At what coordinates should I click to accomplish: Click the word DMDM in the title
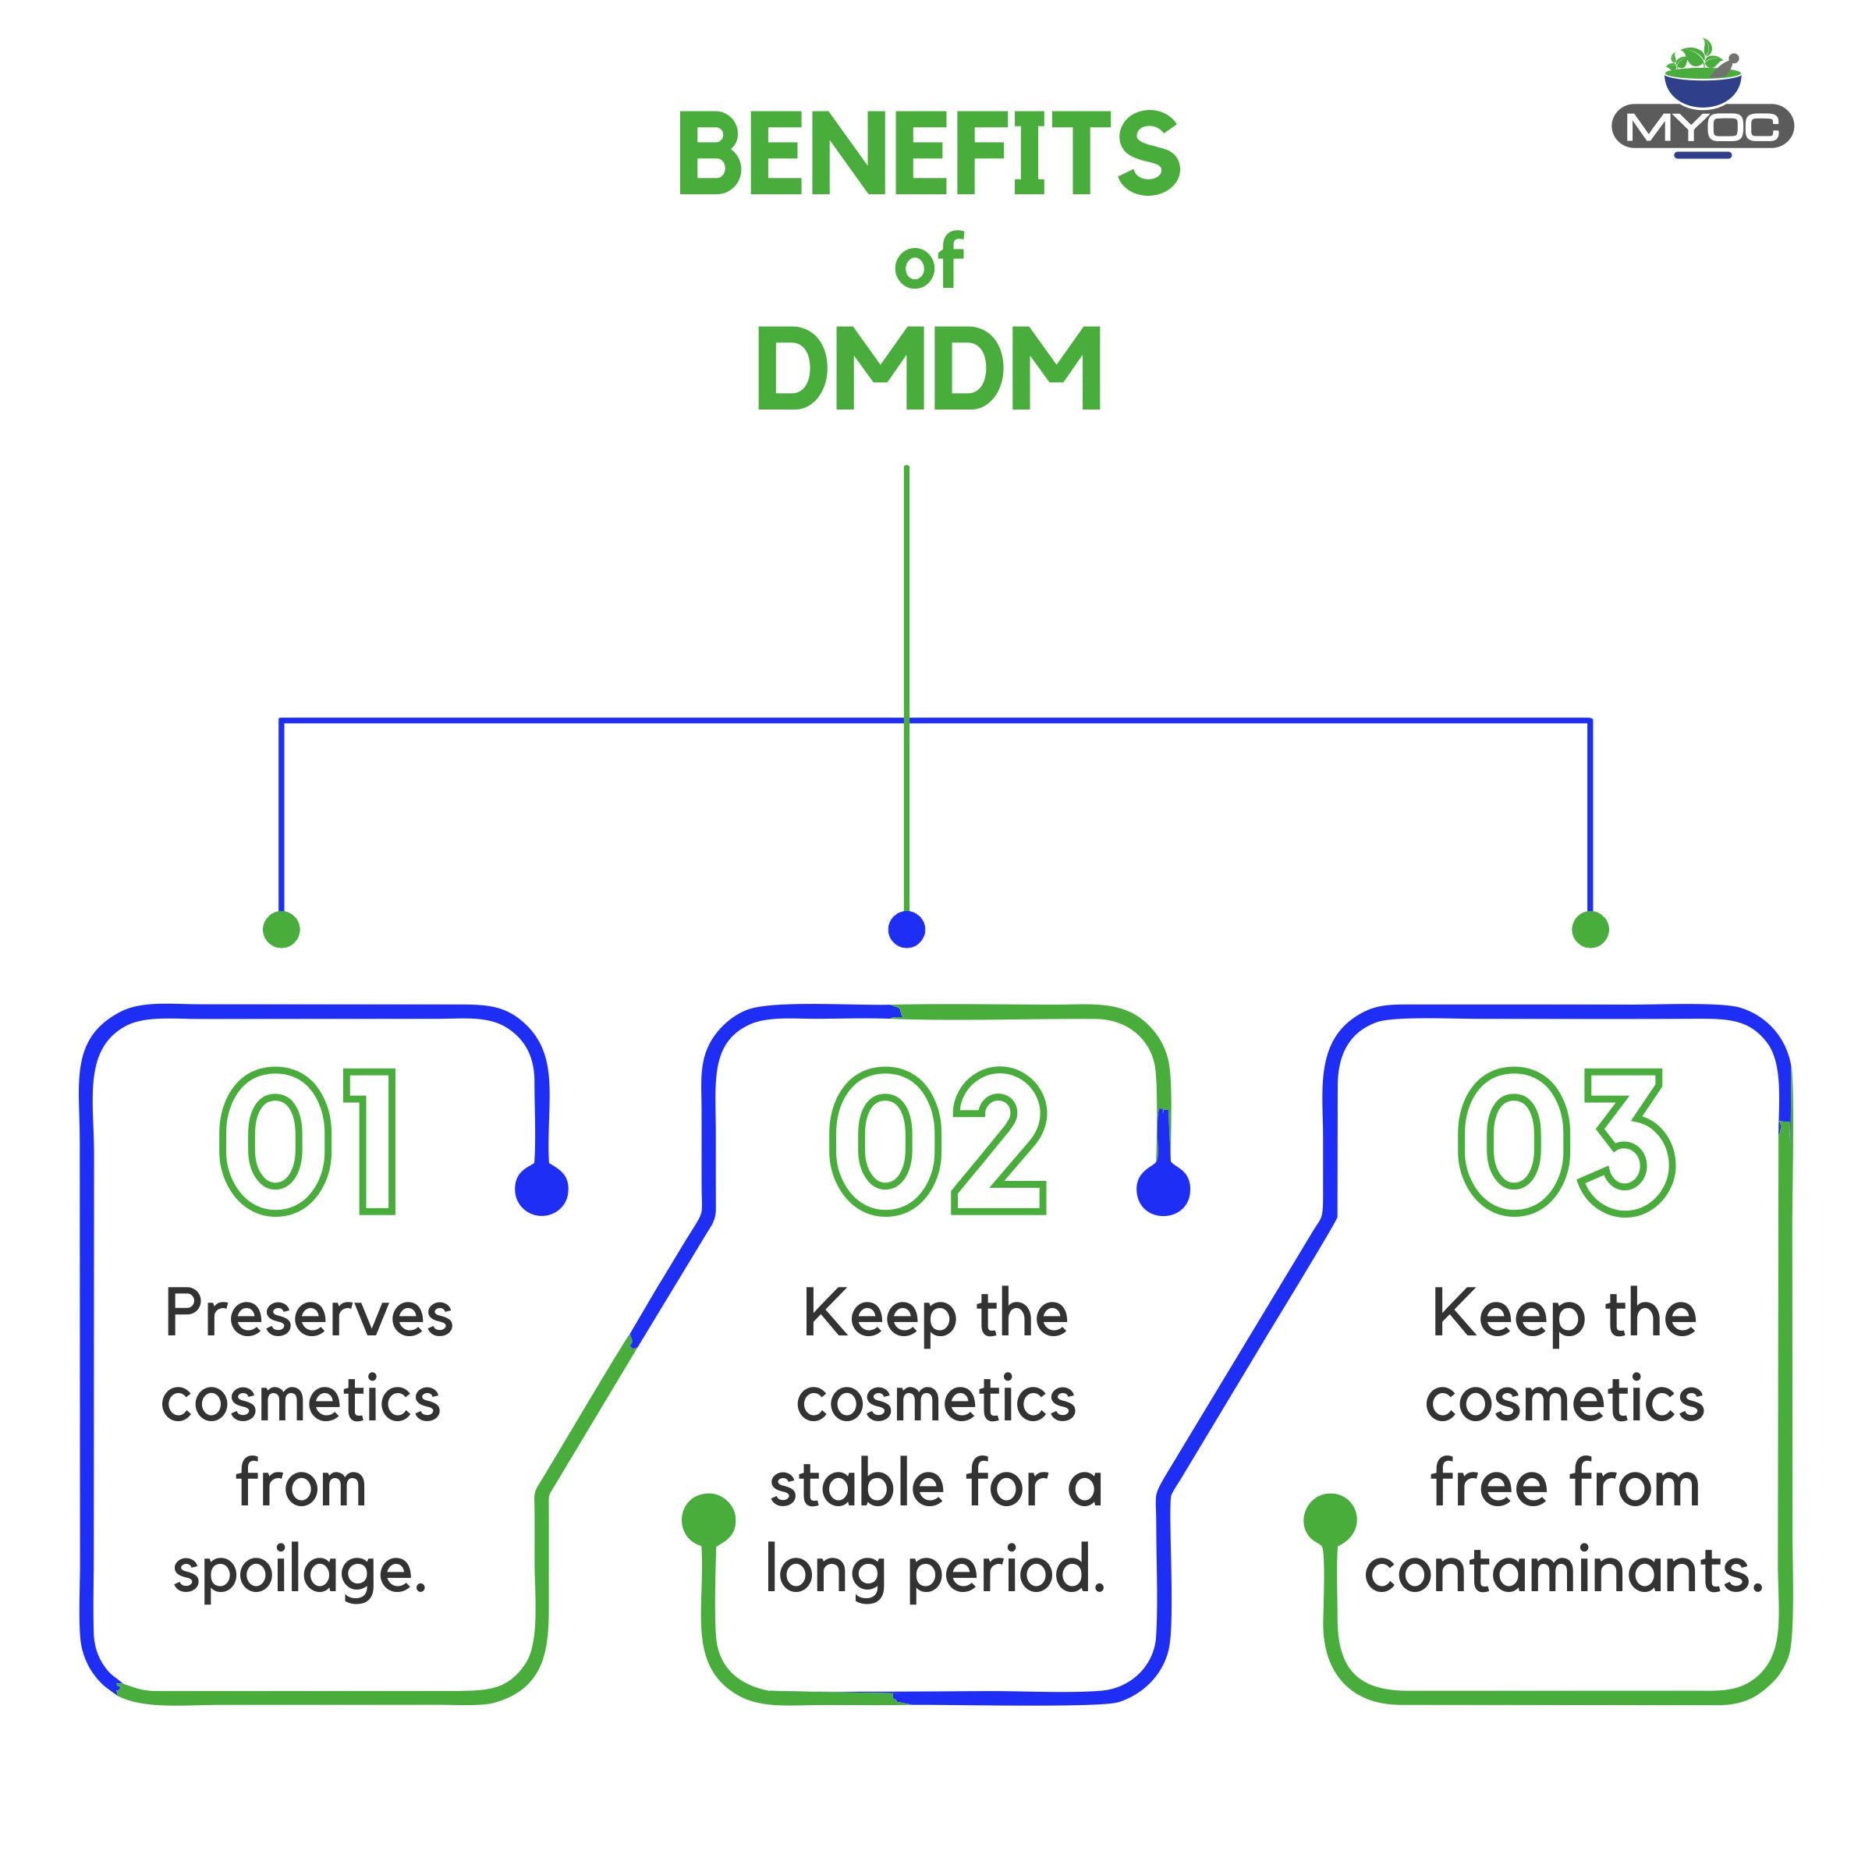[928, 368]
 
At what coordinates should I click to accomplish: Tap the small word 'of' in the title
[928, 263]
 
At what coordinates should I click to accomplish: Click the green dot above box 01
[281, 929]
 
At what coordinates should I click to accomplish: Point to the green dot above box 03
[1590, 929]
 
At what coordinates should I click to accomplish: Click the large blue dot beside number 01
[541, 1189]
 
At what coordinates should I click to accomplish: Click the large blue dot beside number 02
[1163, 1189]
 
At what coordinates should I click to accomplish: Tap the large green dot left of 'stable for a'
[708, 1520]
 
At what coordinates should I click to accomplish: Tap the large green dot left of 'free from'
[1329, 1520]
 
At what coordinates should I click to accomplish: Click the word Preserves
[309, 1315]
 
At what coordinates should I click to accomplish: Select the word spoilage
[300, 1572]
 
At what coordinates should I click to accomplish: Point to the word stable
[856, 1485]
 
